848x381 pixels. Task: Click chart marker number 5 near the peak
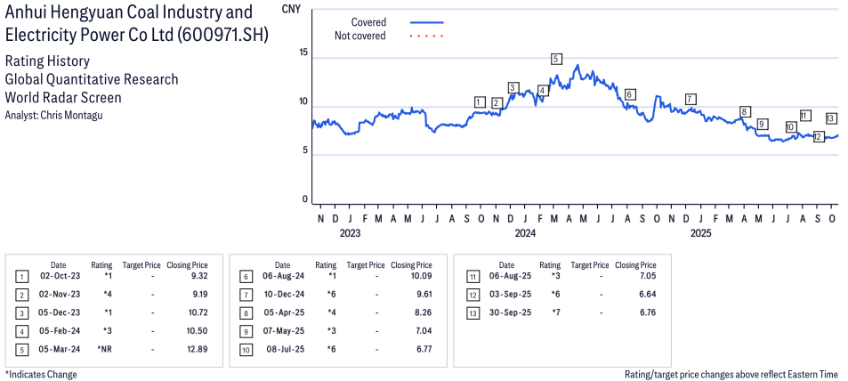point(556,59)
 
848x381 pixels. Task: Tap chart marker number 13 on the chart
point(830,118)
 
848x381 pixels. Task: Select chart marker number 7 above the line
point(691,98)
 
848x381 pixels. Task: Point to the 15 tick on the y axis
point(303,53)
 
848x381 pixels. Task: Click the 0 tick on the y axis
point(304,199)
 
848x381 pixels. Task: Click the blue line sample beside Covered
point(427,21)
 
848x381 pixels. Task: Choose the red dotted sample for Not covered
point(427,36)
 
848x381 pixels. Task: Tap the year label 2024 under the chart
point(525,234)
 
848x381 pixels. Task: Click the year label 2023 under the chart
point(350,234)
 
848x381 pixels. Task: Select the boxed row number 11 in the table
point(472,276)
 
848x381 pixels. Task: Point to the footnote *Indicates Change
point(41,374)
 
